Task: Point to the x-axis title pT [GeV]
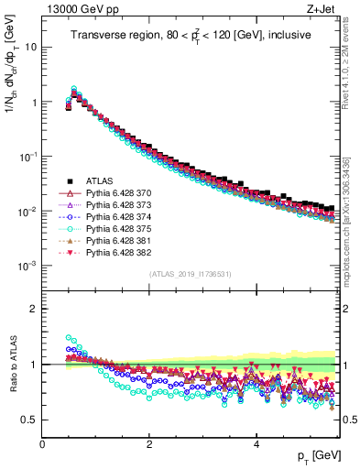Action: [316, 455]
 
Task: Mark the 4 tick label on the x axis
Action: [256, 443]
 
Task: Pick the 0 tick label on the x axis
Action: [42, 443]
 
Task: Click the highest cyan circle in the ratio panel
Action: [69, 337]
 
